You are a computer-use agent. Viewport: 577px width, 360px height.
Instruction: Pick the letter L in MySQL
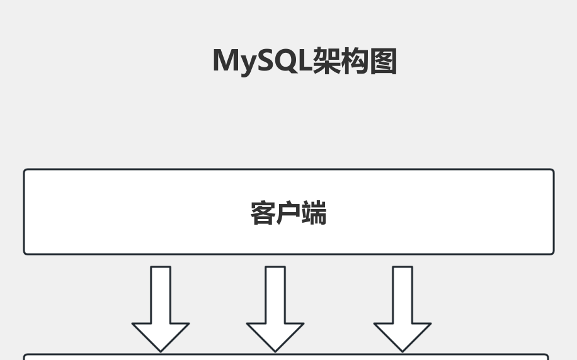click(306, 61)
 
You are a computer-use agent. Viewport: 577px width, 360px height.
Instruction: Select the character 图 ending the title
click(383, 62)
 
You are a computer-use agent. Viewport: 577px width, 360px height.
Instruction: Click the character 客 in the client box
click(263, 213)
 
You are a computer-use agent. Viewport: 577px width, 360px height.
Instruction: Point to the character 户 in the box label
click(288, 213)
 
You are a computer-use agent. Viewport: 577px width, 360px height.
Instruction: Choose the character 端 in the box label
click(314, 213)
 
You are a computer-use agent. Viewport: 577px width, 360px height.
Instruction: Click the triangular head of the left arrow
click(161, 335)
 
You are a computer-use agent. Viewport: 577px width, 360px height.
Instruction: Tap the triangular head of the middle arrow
click(275, 335)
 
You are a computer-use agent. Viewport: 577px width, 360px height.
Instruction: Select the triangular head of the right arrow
click(403, 335)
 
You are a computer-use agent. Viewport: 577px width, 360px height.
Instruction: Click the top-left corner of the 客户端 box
click(25, 170)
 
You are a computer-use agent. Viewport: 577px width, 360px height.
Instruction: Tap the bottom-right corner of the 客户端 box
click(553, 254)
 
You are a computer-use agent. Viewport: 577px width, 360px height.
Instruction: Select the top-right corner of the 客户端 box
click(553, 170)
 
